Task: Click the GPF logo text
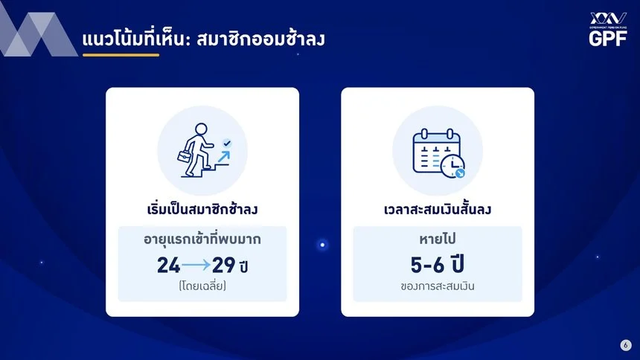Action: coord(608,39)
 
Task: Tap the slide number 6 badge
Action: coord(626,345)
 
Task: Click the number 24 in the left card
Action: coord(169,265)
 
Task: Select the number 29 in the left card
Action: coord(224,265)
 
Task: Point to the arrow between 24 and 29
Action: coord(196,266)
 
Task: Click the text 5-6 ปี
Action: coord(437,265)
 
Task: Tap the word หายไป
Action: coord(438,239)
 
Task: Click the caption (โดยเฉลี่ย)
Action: coord(202,286)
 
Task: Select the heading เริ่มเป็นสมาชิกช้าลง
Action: coord(202,210)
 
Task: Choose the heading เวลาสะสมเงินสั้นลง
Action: coord(438,210)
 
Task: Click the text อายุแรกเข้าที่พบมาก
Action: coord(202,239)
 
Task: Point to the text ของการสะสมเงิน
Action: coord(438,286)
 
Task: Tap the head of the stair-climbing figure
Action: coord(201,129)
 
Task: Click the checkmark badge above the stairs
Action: coord(226,144)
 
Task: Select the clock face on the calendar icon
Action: coord(452,166)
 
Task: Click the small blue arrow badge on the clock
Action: coord(461,174)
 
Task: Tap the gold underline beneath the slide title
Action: coord(121,55)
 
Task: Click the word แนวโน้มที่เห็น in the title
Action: coord(134,39)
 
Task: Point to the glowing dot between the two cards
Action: coord(322,245)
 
